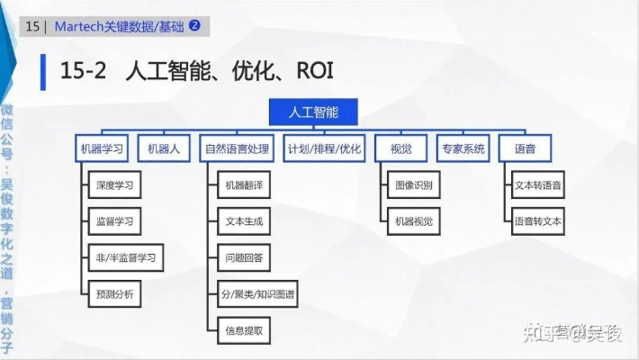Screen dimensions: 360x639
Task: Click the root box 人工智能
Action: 312,112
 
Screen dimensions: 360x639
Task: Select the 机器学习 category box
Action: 102,148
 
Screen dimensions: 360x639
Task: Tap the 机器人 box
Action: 164,148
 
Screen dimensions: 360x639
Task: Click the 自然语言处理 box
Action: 237,148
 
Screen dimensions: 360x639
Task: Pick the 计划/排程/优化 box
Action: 324,148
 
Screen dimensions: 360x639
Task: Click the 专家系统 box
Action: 463,148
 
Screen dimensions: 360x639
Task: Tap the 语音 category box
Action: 525,148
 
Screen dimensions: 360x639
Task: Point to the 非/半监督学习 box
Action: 124,257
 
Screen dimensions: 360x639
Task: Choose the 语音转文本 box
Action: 538,220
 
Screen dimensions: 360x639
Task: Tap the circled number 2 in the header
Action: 194,26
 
